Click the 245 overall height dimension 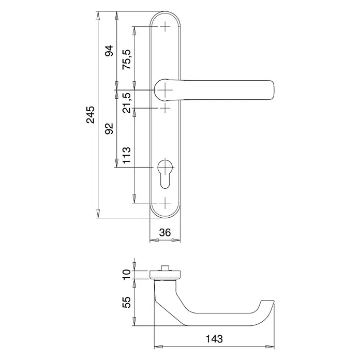[x=91, y=114]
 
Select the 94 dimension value [x=109, y=51]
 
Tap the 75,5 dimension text [x=127, y=59]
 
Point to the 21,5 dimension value [x=127, y=102]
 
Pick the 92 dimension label [x=109, y=129]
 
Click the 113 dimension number [x=127, y=155]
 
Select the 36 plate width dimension [x=165, y=233]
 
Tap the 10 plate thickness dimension [x=127, y=275]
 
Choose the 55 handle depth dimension [x=127, y=302]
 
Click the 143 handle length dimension [x=214, y=339]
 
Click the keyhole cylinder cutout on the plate [x=165, y=173]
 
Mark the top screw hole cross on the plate [x=165, y=27]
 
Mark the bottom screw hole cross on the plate [x=165, y=203]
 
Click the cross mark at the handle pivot [x=165, y=90]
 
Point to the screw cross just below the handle [x=165, y=108]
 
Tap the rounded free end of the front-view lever [x=272, y=90]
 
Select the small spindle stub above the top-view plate [x=165, y=268]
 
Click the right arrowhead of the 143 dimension [x=270, y=347]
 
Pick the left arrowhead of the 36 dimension [x=154, y=241]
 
